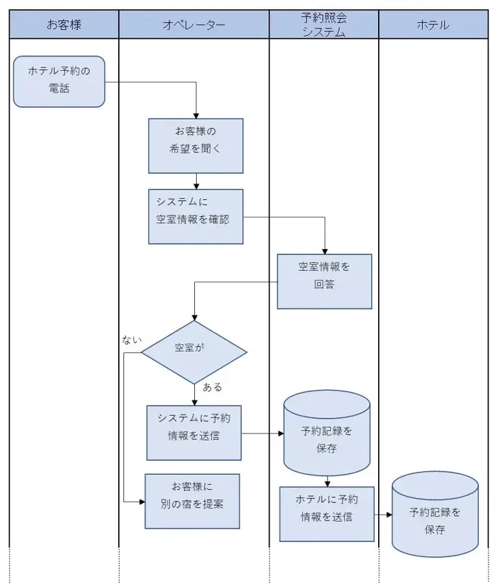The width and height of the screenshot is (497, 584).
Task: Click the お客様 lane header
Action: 64,25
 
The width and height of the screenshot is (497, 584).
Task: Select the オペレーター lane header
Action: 194,25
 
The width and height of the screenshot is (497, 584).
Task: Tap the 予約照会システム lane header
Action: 324,25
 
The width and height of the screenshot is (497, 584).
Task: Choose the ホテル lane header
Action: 433,25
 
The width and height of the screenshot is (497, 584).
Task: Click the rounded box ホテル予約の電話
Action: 59,81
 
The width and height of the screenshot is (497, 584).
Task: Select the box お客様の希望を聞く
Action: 196,145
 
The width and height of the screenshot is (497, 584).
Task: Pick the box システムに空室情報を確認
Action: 196,216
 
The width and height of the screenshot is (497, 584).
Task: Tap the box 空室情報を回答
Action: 324,281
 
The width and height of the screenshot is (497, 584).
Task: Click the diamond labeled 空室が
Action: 194,352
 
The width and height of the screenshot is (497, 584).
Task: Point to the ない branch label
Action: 131,339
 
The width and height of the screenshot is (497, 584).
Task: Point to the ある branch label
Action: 212,387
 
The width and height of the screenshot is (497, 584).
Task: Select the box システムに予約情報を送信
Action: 194,432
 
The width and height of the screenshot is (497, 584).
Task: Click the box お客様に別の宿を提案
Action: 192,500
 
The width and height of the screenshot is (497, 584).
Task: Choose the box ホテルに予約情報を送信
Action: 327,513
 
